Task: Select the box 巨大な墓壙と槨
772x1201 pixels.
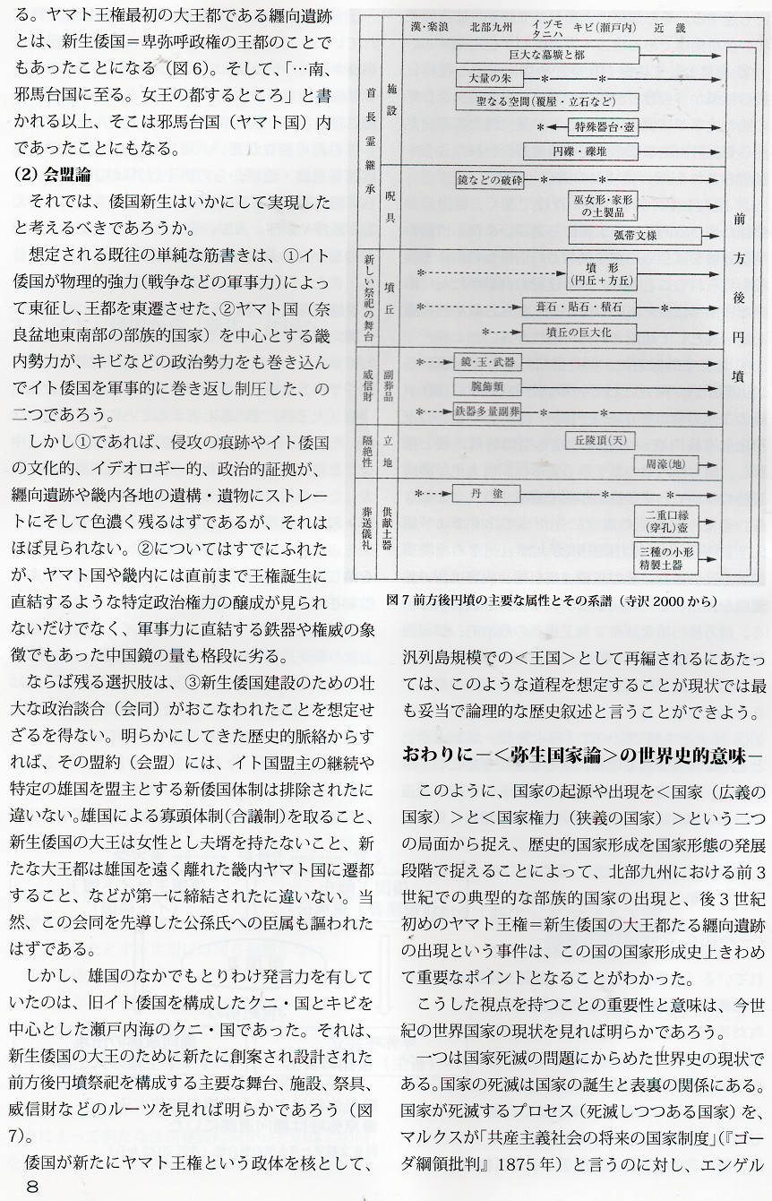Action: point(545,56)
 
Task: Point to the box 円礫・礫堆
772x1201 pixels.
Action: point(604,151)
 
